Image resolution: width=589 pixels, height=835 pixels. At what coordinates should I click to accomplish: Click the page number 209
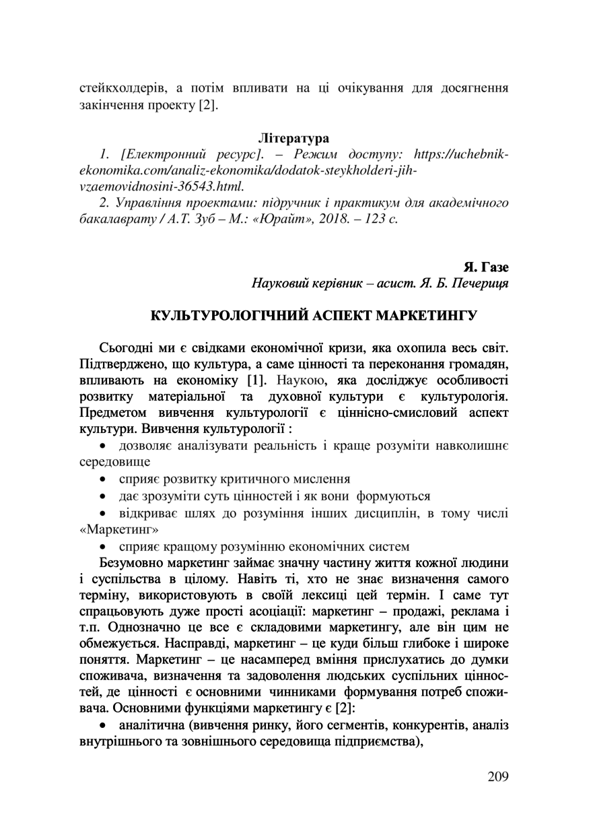point(497,776)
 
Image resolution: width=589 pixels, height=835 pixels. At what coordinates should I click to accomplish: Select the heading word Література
point(294,139)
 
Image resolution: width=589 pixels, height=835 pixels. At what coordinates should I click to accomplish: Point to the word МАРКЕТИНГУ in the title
point(425,315)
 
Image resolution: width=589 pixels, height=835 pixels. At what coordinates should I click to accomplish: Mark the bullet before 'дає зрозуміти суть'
point(103,497)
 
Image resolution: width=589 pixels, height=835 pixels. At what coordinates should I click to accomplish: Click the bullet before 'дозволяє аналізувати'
point(103,446)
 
